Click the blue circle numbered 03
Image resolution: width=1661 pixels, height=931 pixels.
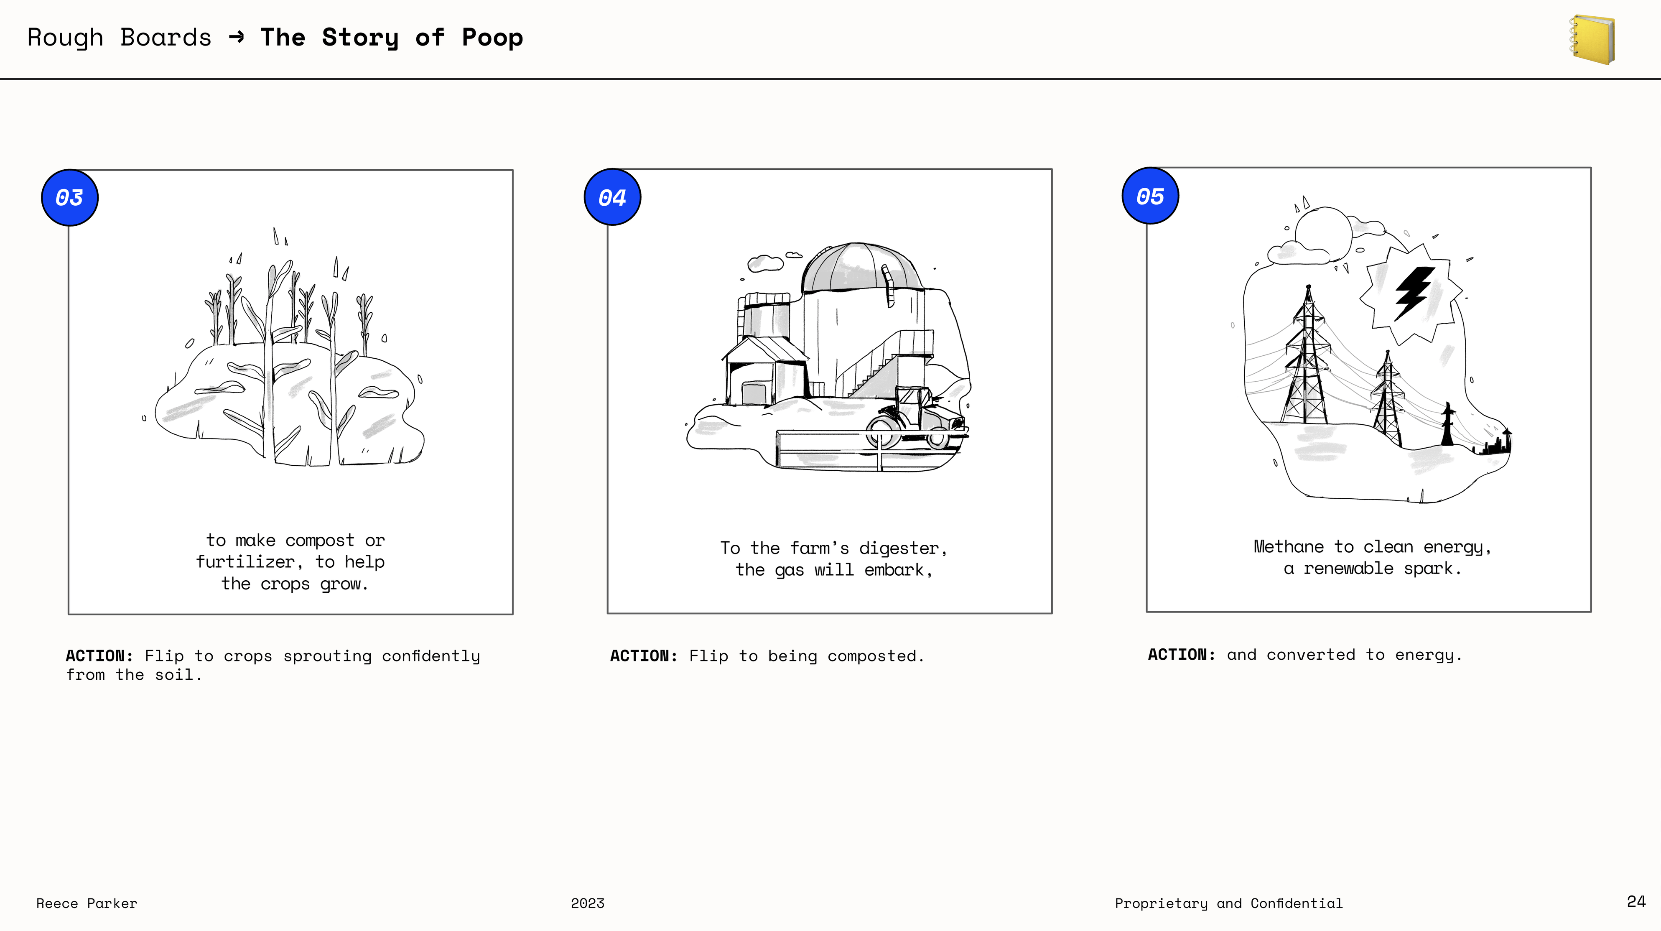coord(70,197)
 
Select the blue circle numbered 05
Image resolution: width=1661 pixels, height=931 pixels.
coord(1150,196)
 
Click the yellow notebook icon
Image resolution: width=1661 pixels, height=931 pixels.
coord(1592,39)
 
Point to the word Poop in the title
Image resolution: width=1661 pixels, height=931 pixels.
coord(493,38)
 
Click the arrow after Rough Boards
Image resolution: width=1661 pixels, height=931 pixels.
coord(237,37)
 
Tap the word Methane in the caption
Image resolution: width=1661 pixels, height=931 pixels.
coord(1288,547)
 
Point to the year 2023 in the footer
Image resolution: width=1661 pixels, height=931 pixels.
coord(587,903)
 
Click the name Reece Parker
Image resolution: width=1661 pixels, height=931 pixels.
coord(87,903)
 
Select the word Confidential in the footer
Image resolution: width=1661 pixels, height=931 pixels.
coord(1297,903)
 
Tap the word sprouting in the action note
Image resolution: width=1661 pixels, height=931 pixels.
coord(328,656)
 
